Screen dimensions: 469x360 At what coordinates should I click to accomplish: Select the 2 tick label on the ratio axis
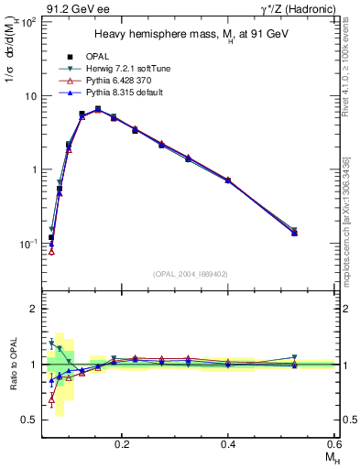32,309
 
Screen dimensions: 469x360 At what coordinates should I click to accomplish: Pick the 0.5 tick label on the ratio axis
28,420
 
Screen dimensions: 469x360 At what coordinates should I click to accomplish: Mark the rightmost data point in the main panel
294,233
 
